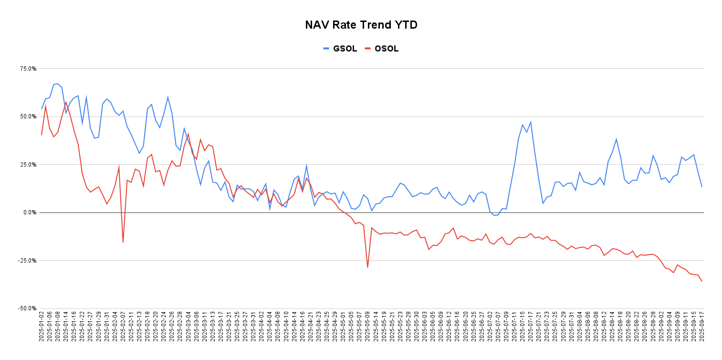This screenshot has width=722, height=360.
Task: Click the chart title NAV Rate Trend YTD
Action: point(361,25)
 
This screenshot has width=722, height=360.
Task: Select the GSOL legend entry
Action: point(340,49)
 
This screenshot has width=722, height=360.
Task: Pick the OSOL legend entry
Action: point(381,49)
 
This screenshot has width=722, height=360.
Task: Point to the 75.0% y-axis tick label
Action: point(28,69)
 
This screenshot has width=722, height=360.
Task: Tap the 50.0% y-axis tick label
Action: point(28,116)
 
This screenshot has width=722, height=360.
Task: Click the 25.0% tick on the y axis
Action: point(28,165)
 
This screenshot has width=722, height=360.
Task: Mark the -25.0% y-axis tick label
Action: point(27,261)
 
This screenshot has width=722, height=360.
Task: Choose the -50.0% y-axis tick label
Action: point(27,308)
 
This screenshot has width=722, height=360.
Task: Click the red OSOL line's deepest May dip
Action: point(367,267)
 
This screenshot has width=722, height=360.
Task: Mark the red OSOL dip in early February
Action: point(123,242)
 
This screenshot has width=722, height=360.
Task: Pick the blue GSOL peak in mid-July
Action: point(530,122)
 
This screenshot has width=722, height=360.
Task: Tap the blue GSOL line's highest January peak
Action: point(58,84)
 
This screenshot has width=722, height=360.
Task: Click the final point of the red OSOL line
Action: point(702,281)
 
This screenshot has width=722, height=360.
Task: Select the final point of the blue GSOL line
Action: point(702,186)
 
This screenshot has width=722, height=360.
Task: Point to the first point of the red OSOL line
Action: point(42,135)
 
